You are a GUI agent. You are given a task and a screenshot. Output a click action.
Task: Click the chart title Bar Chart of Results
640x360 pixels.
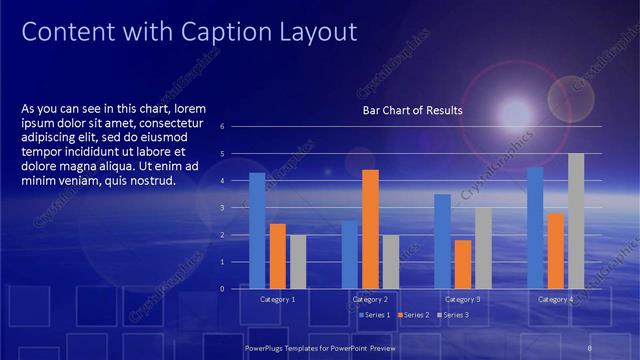412,111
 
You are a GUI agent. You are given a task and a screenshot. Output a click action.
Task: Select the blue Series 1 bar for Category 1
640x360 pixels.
257,230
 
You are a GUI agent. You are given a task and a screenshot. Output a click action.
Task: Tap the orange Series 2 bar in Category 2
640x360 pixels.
370,229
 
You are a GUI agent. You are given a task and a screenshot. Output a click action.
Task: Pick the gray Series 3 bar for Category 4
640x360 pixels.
576,221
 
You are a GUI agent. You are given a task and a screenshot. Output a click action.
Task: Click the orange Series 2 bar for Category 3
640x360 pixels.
463,264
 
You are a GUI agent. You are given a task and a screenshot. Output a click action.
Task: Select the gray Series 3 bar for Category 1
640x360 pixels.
298,261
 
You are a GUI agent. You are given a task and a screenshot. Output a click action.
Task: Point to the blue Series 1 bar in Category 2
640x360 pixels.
349,254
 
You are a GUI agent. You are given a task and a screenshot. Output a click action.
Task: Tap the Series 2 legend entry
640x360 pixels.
414,315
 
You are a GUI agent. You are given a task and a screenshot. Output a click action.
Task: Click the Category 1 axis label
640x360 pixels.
277,299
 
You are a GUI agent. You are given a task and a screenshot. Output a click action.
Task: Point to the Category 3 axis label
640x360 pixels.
462,299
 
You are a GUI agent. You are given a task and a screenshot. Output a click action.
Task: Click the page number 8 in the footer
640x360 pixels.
590,347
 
